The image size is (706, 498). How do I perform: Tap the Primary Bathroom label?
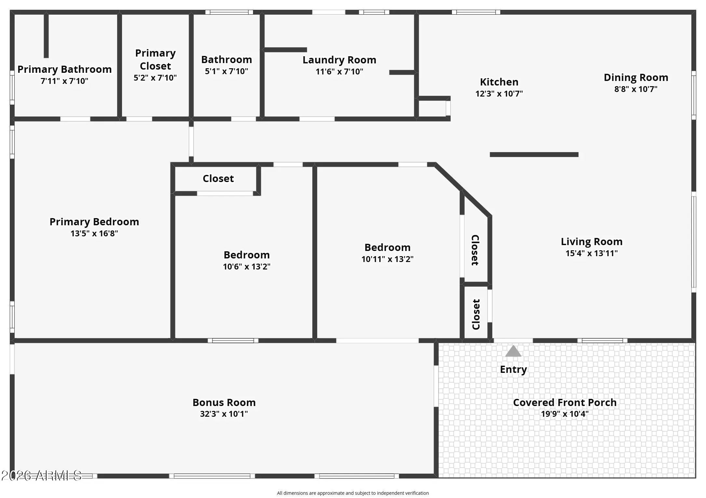[x=64, y=69]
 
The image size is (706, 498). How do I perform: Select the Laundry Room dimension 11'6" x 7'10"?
[x=339, y=72]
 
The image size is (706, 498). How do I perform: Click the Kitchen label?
[x=499, y=82]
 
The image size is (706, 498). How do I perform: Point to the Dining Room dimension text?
[x=636, y=89]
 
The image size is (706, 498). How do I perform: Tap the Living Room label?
[x=591, y=242]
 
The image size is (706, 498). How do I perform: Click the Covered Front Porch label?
[x=565, y=402]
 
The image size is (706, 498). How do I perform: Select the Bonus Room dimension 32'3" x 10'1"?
[x=224, y=414]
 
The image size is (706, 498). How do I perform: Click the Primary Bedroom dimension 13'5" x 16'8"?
[x=94, y=233]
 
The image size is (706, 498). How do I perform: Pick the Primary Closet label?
[x=156, y=59]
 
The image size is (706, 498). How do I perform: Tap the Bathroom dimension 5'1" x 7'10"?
[x=226, y=71]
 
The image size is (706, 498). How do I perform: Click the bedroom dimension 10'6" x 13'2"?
[x=247, y=267]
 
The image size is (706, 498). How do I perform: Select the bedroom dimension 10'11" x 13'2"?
[x=387, y=259]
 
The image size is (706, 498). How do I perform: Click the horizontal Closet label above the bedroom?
[x=218, y=178]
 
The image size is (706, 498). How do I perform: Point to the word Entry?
[x=513, y=370]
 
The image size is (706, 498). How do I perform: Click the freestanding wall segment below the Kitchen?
[x=534, y=155]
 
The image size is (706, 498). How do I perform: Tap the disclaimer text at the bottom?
[x=353, y=493]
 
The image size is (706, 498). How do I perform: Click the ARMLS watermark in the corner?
[x=41, y=476]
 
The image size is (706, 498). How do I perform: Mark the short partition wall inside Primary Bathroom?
[x=46, y=36]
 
